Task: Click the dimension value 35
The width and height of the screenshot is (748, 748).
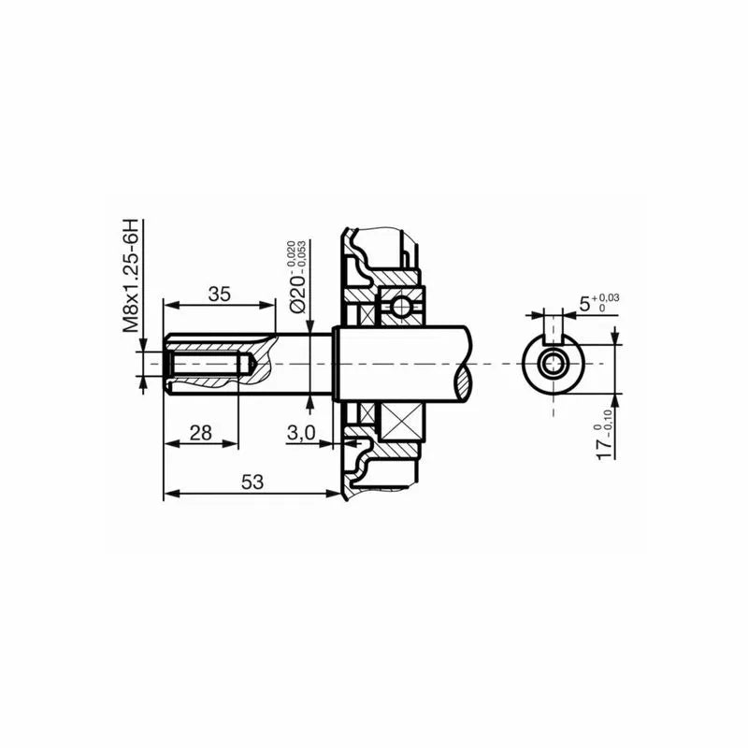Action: [219, 293]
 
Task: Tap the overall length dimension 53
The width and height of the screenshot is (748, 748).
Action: [251, 482]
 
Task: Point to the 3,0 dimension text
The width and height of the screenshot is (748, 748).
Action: [301, 432]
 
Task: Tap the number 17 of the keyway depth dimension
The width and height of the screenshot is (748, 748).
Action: [606, 443]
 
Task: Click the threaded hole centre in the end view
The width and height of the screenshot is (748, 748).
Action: [553, 363]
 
